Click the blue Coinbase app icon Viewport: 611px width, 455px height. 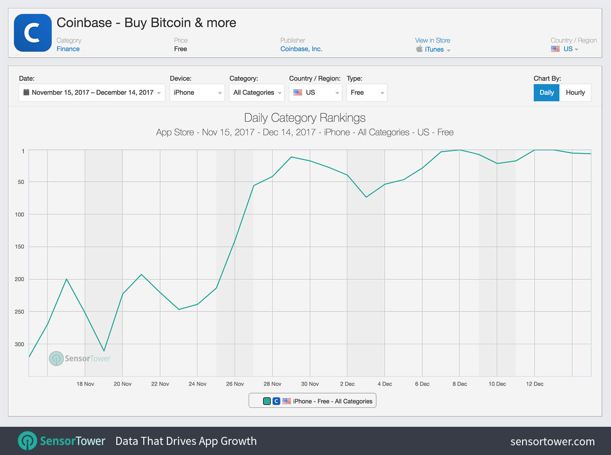[x=33, y=33]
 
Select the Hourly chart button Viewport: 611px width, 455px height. [x=575, y=93]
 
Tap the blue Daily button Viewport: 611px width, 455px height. [x=547, y=93]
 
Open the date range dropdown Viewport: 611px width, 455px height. [x=92, y=93]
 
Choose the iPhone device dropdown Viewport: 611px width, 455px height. [x=197, y=93]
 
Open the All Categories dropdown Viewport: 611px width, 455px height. [x=257, y=93]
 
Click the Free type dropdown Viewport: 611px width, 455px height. [x=367, y=93]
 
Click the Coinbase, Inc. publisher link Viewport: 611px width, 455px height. [x=301, y=49]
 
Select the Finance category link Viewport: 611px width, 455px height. [x=68, y=49]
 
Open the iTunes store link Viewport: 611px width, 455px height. [x=434, y=49]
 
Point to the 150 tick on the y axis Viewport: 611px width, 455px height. [x=19, y=246]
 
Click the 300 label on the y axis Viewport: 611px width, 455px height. [x=19, y=344]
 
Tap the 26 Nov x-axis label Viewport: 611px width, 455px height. [x=235, y=384]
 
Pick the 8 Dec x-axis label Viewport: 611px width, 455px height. [x=460, y=384]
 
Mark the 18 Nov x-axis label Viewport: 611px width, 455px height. [x=85, y=384]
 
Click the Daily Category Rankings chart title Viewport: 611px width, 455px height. [x=305, y=118]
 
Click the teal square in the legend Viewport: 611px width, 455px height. [x=267, y=401]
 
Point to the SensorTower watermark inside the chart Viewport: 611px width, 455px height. [x=80, y=359]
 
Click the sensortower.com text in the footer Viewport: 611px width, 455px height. [x=552, y=442]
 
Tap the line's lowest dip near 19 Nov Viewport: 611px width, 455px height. [x=104, y=351]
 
